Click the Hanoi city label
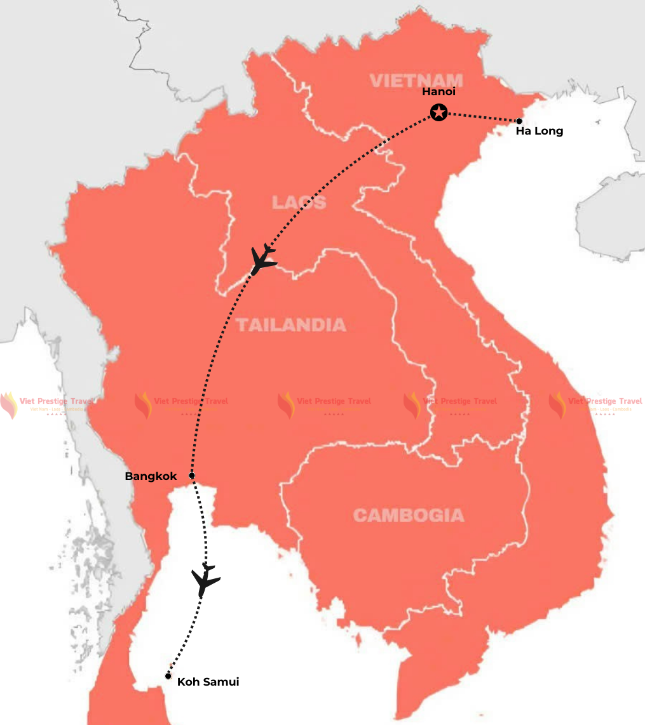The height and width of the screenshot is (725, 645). point(438,92)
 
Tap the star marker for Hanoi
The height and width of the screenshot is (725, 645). point(438,113)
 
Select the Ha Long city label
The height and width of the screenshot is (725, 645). point(539,131)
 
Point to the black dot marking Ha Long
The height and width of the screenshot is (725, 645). point(519,121)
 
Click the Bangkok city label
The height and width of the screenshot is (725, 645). point(151,476)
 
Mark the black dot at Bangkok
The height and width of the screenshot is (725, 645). point(191,475)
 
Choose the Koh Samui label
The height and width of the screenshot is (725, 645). point(208,682)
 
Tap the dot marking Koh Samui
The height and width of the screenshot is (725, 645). point(168,676)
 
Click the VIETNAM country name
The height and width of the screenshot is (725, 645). point(416,80)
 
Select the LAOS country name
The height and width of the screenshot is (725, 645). point(299,203)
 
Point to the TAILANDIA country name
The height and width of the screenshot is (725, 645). point(291,325)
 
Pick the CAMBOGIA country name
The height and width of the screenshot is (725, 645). point(408,515)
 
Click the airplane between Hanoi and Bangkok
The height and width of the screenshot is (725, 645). point(263,258)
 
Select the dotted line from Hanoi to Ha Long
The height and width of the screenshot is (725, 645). point(480,117)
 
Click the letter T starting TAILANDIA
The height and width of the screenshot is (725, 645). point(241,325)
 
